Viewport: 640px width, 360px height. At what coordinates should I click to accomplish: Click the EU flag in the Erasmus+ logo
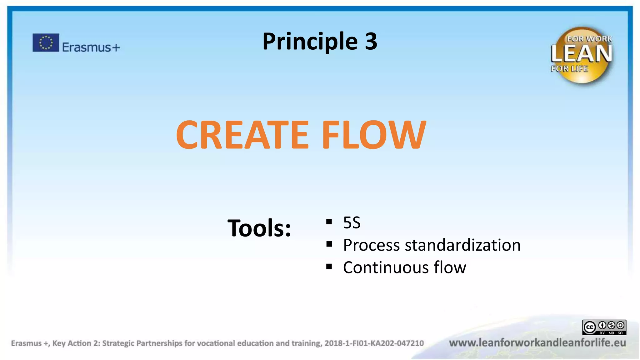(x=46, y=42)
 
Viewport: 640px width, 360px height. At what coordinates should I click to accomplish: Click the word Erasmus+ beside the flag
(x=91, y=47)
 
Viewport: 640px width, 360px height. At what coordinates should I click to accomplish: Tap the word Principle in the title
(x=310, y=41)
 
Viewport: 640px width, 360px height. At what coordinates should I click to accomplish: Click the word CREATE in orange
(x=242, y=135)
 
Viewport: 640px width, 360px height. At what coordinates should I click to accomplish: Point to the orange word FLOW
(x=374, y=135)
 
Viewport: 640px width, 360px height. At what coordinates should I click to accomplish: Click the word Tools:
(x=259, y=228)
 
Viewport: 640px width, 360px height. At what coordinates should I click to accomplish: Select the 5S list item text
(x=352, y=223)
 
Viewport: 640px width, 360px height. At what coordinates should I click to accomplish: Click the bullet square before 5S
(x=329, y=222)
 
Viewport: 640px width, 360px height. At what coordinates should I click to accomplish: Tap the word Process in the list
(x=371, y=245)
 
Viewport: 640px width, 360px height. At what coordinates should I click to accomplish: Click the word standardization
(x=462, y=245)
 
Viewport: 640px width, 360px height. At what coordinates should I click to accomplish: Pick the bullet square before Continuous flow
(x=329, y=267)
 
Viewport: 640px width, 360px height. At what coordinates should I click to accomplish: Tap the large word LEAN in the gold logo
(x=581, y=54)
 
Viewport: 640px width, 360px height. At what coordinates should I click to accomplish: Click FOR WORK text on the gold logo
(x=589, y=39)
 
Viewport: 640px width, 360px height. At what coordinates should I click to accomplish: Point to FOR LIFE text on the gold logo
(x=569, y=69)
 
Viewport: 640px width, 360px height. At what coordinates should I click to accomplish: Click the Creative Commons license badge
(x=604, y=327)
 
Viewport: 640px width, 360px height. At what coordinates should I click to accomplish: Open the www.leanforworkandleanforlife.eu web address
(x=537, y=343)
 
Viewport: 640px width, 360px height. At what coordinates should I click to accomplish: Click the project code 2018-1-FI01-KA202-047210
(x=374, y=343)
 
